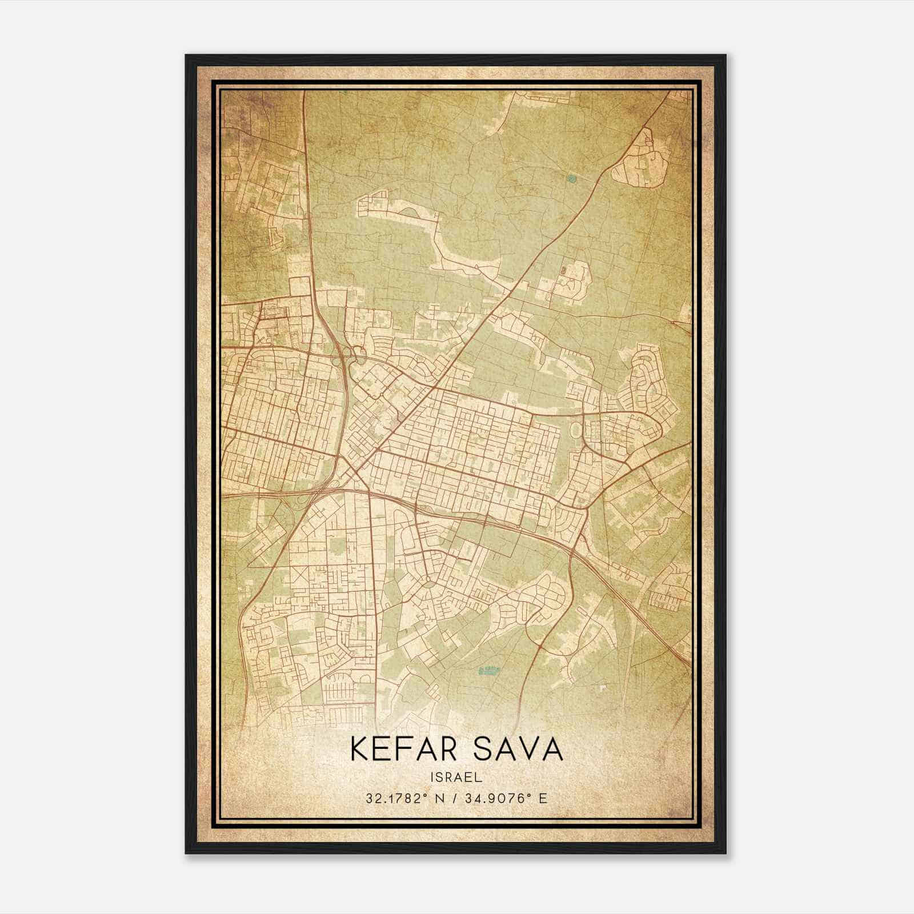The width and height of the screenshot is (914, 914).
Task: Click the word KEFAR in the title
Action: [400, 749]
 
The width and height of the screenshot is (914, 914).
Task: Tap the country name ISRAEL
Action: [457, 777]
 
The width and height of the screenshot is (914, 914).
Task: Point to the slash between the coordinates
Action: [455, 798]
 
